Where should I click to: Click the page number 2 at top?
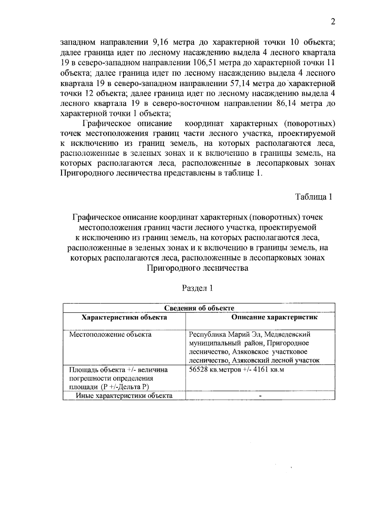pyautogui.click(x=333, y=22)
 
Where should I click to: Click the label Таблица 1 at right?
pyautogui.click(x=313, y=197)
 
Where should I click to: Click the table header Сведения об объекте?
pyautogui.click(x=199, y=308)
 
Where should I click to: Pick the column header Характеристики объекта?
pyautogui.click(x=124, y=317)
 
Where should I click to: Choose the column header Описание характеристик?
pyautogui.click(x=275, y=317)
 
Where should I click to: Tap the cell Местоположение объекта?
pyautogui.click(x=110, y=334)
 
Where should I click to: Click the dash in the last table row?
pyautogui.click(x=260, y=396)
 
